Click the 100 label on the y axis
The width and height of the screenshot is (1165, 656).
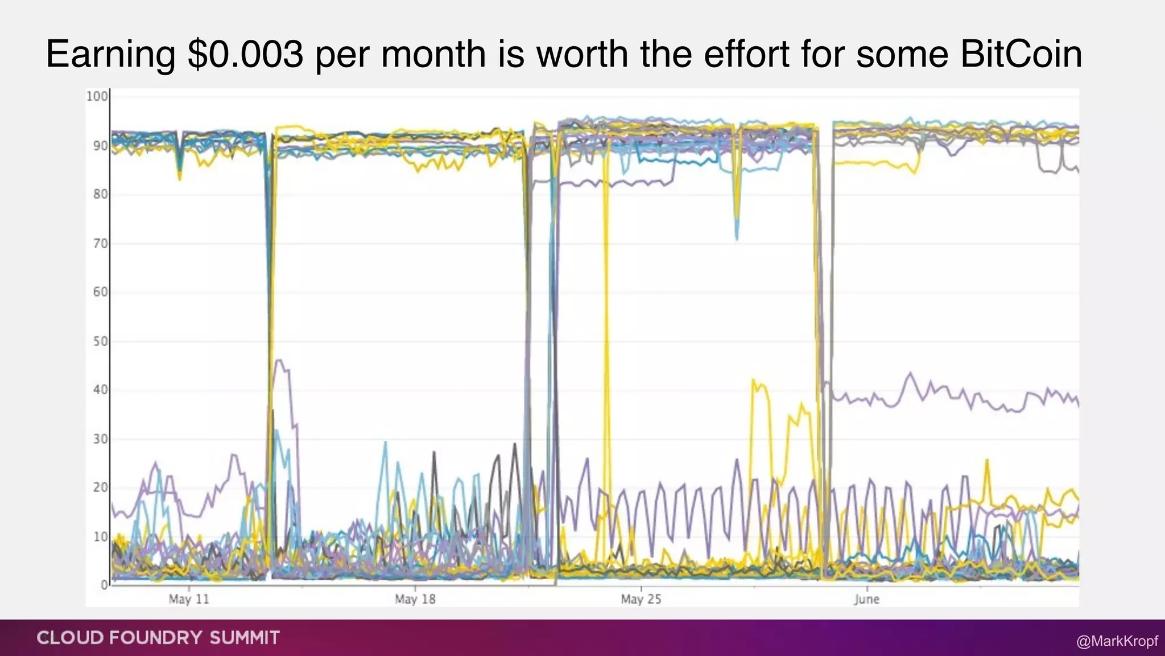(97, 96)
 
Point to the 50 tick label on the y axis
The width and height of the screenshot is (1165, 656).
(100, 341)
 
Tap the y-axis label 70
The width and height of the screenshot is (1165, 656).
(100, 244)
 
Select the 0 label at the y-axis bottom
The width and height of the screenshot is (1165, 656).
(104, 585)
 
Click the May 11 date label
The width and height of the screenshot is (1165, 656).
(189, 599)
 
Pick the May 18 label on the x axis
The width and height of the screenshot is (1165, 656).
(415, 599)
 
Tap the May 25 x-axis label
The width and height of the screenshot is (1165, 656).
(641, 599)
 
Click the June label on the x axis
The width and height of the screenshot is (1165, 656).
(866, 599)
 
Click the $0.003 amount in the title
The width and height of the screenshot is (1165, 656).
(246, 55)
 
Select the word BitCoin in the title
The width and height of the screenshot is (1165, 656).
(1021, 55)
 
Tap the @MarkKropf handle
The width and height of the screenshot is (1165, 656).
(1117, 641)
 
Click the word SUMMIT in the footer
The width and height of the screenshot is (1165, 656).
(245, 638)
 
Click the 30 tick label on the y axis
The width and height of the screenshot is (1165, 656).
(100, 439)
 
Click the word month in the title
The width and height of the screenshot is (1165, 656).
(433, 55)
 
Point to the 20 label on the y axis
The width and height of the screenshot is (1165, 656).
(100, 487)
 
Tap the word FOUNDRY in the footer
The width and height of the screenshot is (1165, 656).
(156, 638)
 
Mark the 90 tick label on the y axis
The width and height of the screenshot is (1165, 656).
(100, 146)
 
